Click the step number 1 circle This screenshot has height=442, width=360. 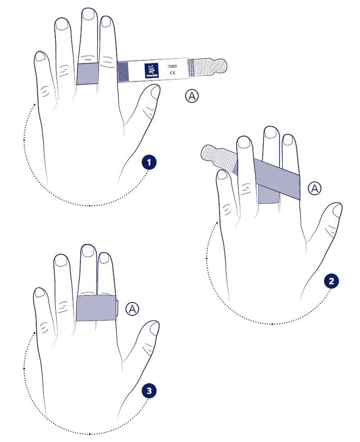[149, 162]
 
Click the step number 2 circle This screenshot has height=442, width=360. [331, 281]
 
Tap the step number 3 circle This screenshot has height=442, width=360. [149, 391]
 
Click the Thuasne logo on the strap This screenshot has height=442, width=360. [152, 71]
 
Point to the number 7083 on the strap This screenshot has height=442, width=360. [172, 67]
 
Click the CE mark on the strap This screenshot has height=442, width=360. [172, 73]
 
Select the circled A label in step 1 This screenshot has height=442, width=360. [192, 96]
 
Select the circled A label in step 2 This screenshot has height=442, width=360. [315, 188]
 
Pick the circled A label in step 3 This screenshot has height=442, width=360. [132, 309]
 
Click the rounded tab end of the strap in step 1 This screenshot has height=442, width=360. [217, 67]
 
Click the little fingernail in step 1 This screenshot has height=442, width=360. [40, 57]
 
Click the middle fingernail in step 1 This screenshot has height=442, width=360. [89, 14]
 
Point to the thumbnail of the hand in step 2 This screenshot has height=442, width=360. [337, 210]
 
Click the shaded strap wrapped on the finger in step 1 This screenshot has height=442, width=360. [88, 73]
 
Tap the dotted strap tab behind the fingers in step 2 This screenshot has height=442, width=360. [219, 158]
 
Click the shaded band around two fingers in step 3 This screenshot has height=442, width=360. [96, 308]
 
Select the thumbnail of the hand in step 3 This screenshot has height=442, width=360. [154, 328]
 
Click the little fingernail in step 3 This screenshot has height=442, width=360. [39, 293]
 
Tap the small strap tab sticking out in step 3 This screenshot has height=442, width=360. [117, 308]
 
